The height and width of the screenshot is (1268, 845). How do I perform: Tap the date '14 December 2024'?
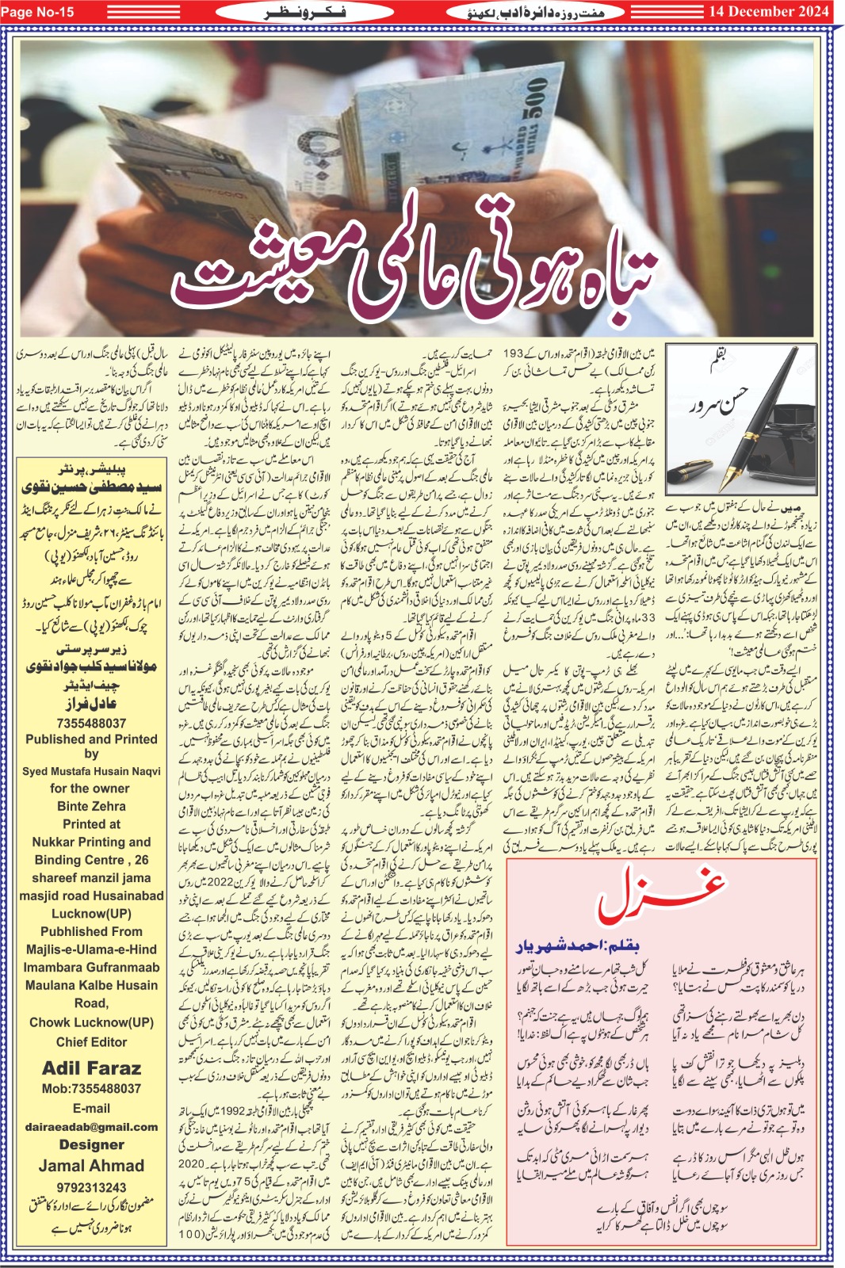tap(769, 11)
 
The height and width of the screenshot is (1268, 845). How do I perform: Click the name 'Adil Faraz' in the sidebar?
tap(92, 1068)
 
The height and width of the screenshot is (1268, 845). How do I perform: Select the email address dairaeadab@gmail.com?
tap(92, 1126)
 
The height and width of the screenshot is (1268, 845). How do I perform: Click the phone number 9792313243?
tap(92, 1187)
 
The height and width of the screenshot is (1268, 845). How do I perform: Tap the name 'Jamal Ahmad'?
tap(92, 1166)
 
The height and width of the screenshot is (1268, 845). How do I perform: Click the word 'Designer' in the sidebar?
tap(92, 1144)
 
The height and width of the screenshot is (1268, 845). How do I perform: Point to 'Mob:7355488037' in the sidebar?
tap(92, 1089)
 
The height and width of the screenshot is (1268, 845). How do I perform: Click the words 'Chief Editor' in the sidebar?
tap(92, 1042)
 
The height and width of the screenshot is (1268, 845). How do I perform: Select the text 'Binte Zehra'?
tap(92, 806)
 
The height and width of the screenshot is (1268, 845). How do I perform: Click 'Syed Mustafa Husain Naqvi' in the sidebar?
tap(92, 771)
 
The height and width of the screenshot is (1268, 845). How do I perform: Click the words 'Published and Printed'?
tap(92, 739)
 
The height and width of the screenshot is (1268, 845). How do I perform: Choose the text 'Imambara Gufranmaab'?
tap(92, 968)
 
